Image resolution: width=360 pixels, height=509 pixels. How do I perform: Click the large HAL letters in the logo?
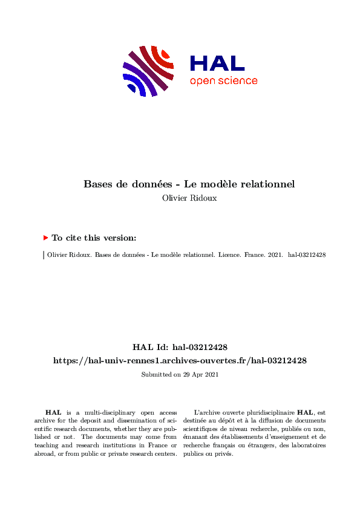tap(217, 63)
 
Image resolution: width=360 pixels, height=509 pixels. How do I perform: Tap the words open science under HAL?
tap(223, 81)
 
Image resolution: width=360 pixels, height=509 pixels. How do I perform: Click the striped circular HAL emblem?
tap(149, 70)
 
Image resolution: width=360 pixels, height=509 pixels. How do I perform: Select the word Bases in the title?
tap(97, 184)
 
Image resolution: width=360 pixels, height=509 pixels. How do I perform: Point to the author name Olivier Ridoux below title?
tap(191, 198)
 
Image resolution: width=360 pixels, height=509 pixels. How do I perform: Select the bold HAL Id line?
tap(180, 347)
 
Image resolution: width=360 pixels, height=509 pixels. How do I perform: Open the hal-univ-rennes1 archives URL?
tap(180, 360)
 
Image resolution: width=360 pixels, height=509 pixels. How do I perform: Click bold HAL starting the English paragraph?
tap(53, 412)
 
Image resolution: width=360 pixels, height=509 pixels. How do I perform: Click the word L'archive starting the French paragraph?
tap(209, 412)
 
